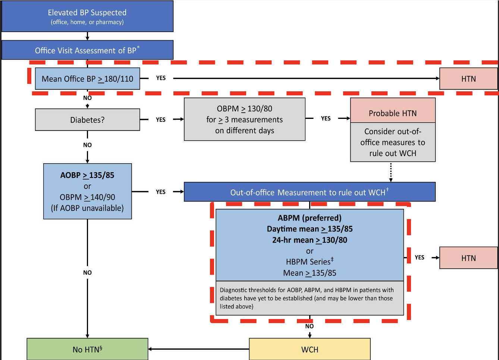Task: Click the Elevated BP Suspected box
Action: tap(87, 16)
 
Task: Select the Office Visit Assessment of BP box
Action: tap(87, 50)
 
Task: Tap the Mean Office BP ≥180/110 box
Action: tap(87, 79)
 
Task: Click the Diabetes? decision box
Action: tap(87, 120)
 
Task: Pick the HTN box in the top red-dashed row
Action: tap(468, 79)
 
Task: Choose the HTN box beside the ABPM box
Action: tap(468, 258)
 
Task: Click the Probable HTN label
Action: tap(393, 113)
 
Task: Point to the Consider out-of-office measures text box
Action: tap(393, 142)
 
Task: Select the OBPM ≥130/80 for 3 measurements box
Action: tap(245, 119)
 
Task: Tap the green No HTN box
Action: tap(87, 350)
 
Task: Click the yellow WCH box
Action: tap(310, 350)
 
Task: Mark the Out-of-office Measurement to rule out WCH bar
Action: tap(310, 192)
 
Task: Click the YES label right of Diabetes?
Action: tap(161, 120)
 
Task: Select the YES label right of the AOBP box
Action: tap(161, 192)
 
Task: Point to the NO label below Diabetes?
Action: tap(87, 145)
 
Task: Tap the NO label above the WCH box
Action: tap(310, 326)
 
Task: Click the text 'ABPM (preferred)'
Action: tap(310, 218)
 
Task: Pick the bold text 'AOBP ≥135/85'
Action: tap(87, 175)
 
